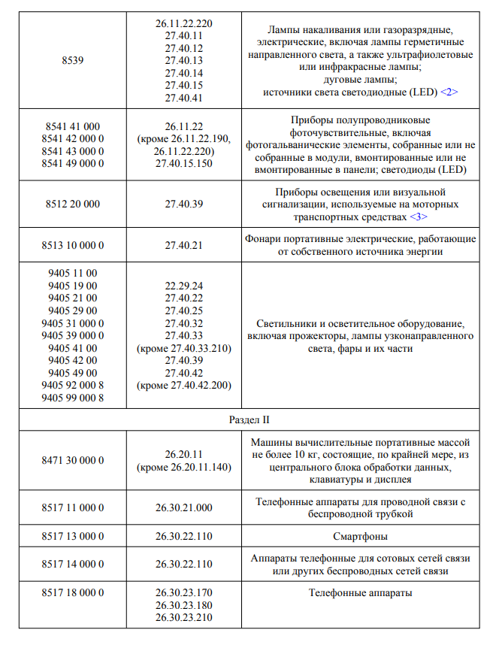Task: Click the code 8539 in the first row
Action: click(x=73, y=61)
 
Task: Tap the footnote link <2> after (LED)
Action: click(x=449, y=92)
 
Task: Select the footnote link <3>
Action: click(x=419, y=216)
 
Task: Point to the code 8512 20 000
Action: click(x=73, y=204)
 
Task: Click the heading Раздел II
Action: click(x=249, y=419)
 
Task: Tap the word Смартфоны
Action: click(x=359, y=537)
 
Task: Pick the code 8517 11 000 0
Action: click(x=73, y=508)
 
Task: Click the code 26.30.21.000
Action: click(x=184, y=508)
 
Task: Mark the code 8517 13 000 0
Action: click(x=73, y=537)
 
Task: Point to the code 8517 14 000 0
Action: click(x=73, y=565)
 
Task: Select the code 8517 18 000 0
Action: click(x=73, y=593)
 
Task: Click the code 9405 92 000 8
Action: click(x=73, y=386)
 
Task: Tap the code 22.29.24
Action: click(x=184, y=286)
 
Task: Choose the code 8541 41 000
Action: click(x=73, y=126)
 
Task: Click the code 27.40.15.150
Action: click(x=184, y=163)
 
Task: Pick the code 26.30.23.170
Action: click(x=184, y=593)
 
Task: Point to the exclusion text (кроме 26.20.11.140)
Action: click(x=184, y=467)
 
